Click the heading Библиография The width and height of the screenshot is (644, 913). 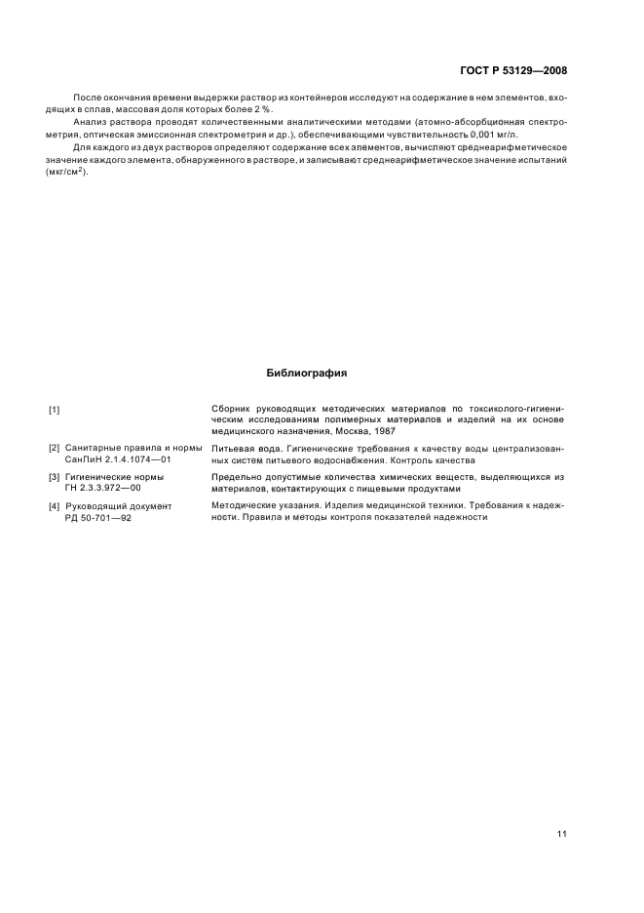coord(306,373)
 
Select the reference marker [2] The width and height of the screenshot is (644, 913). coord(55,448)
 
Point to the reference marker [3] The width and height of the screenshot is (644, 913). coord(55,477)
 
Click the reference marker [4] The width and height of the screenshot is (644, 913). coord(55,506)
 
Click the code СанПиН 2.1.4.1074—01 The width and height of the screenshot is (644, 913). coord(118,459)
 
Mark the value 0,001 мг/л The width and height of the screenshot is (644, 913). coord(468,136)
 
